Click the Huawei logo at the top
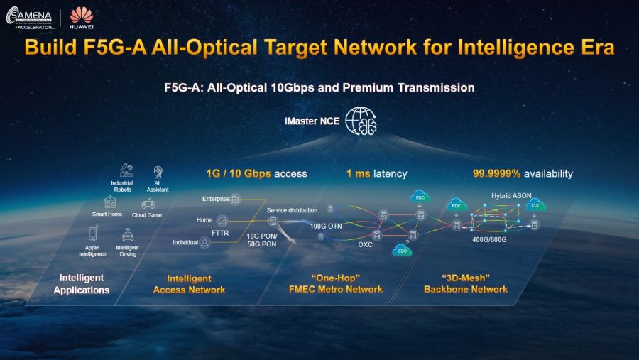(82, 16)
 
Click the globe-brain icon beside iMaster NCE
(361, 121)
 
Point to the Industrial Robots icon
(125, 170)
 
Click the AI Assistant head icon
(157, 172)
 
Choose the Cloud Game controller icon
(148, 203)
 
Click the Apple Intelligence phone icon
(93, 233)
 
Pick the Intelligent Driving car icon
(128, 234)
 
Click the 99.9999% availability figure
(497, 173)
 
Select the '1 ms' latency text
(358, 173)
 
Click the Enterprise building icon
(236, 199)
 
